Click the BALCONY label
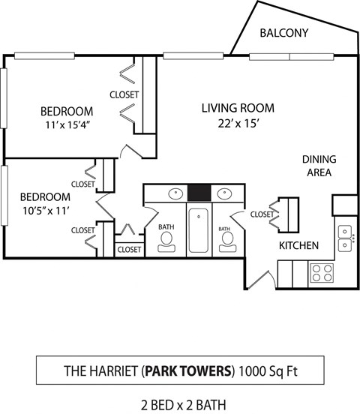[x=284, y=33]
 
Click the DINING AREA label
[x=319, y=166]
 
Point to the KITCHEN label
[x=299, y=245]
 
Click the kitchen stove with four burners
[x=322, y=271]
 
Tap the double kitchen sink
[x=346, y=237]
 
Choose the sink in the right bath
[x=223, y=193]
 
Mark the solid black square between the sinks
[x=199, y=193]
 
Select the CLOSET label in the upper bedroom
[x=124, y=94]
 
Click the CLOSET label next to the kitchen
[x=262, y=214]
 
